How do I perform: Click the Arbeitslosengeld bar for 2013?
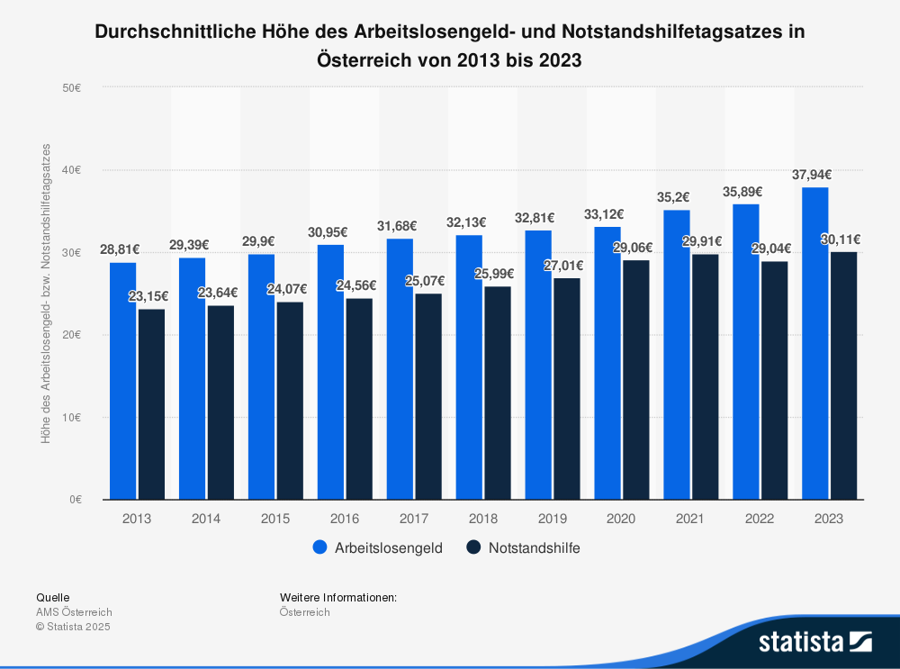[122, 381]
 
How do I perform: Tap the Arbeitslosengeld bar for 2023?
[815, 343]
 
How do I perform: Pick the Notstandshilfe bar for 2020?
[636, 380]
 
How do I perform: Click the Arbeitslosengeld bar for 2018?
[469, 367]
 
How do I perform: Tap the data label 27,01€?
[565, 266]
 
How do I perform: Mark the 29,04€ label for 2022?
[773, 249]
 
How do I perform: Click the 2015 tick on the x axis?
[274, 519]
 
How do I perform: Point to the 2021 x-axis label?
[689, 519]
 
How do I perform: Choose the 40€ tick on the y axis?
[72, 170]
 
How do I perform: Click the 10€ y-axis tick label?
[72, 417]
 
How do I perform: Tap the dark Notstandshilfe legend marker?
[474, 547]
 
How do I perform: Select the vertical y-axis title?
[46, 293]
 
